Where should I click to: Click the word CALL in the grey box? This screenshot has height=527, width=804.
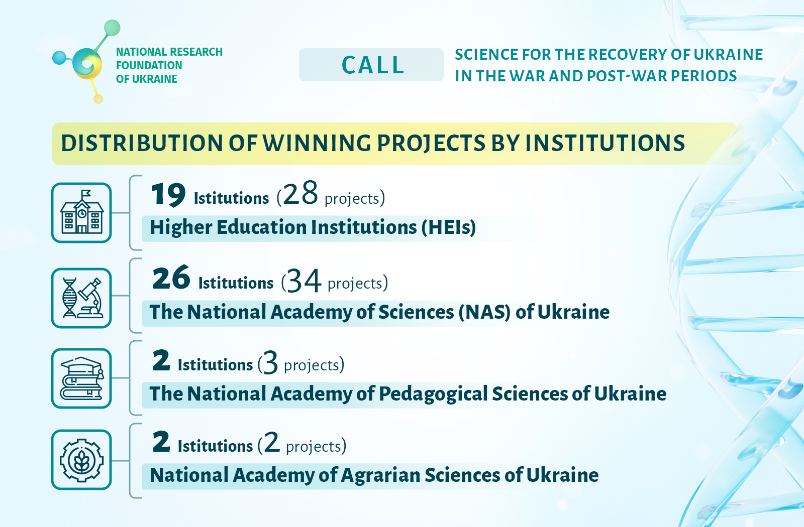pos(373,65)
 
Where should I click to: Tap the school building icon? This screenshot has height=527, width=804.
pos(82,212)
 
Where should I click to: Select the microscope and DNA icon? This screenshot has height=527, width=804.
pos(82,298)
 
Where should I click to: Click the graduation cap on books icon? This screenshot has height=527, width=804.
pos(82,378)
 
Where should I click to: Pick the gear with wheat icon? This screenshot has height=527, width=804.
pos(82,460)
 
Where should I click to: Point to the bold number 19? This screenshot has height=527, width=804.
pos(168,194)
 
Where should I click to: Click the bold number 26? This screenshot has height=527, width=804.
pos(171,278)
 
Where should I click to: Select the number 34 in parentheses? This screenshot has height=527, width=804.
pos(304,280)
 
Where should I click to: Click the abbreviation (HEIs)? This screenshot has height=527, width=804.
pos(449,227)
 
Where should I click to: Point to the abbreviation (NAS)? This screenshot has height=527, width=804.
pos(484,312)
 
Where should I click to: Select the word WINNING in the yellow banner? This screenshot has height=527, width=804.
pos(317,144)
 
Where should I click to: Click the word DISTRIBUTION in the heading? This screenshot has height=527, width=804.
pos(142,144)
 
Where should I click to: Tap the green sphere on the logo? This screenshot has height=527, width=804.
pos(112,28)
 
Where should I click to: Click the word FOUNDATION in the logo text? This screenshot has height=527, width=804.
pos(149,65)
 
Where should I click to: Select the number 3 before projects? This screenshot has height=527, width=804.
pos(270,362)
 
